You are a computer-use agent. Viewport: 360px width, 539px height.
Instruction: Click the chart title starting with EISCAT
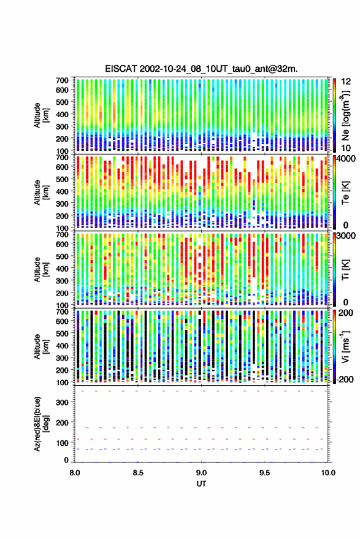coord(202,69)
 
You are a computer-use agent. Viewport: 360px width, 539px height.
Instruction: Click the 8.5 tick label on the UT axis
coord(138,473)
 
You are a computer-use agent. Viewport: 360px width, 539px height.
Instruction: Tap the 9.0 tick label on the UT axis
coord(202,473)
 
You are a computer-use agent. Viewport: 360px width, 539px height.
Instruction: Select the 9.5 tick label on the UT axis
coord(264,473)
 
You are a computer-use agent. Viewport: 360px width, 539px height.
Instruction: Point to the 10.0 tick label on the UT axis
coord(328,473)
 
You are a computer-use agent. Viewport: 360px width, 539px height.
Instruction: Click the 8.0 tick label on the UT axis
coord(75,473)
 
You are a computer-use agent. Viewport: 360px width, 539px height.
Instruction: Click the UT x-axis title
coord(202,484)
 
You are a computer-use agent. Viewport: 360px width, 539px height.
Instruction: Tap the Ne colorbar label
coord(346,115)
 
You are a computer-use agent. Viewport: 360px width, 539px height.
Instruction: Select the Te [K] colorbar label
coord(345,193)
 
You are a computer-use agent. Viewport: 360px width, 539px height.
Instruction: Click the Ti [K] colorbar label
coord(345,270)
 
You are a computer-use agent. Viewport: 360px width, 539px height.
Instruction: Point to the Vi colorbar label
coord(346,346)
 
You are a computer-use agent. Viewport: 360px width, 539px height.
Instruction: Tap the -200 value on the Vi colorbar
coord(345,380)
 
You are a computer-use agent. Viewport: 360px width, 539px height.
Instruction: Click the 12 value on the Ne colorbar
coord(347,82)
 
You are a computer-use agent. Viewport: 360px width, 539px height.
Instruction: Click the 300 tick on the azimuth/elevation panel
coord(62,402)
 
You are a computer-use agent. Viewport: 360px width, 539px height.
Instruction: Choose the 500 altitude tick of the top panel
coord(62,102)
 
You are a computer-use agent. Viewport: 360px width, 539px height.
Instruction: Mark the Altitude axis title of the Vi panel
coord(41,346)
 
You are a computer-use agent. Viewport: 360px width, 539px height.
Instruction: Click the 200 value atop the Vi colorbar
coord(346,313)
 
